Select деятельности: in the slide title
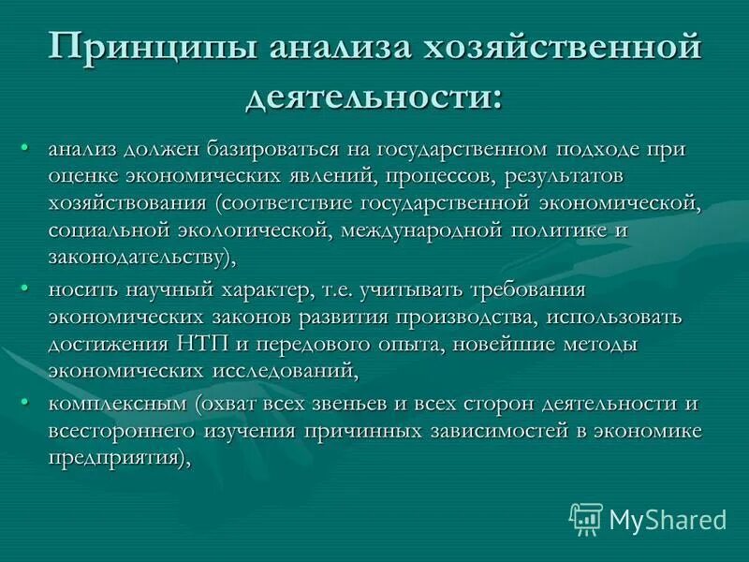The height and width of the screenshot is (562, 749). (x=374, y=96)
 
